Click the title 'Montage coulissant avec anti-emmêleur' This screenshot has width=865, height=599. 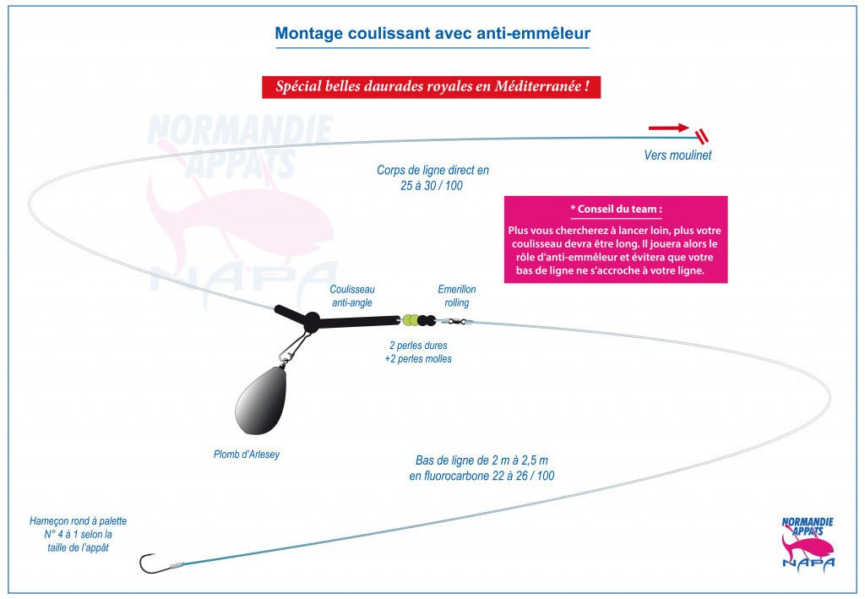point(432,33)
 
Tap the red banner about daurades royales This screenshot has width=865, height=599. point(432,87)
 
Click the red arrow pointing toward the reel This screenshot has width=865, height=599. point(669,128)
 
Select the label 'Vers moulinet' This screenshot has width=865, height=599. point(677,155)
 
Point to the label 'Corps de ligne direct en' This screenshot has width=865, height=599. point(432,170)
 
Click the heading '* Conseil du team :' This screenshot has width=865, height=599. point(616,209)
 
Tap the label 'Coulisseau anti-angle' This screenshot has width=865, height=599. point(352,296)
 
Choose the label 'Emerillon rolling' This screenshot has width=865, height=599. point(457,296)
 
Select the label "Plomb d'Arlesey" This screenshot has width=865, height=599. point(247,455)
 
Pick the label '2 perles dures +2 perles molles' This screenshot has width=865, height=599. point(418,352)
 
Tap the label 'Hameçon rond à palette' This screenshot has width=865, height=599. point(79,521)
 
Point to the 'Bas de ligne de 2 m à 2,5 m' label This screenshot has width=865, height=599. point(481,460)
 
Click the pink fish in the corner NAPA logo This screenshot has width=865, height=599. point(807,546)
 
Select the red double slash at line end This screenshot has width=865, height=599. point(702,137)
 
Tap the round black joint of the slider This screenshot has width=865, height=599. point(312,321)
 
